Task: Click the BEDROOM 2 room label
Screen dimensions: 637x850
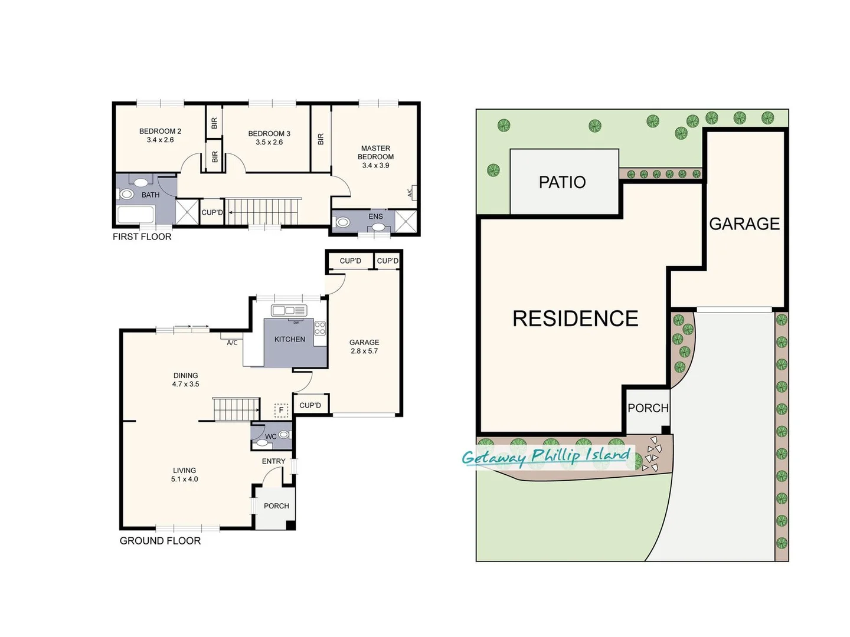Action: pos(160,132)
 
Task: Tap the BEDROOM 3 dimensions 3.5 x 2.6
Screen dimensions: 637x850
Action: pos(269,142)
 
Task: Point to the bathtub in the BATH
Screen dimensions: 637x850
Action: pos(136,215)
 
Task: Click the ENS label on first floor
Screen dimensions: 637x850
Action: pos(375,216)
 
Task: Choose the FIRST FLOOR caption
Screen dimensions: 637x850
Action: pos(142,237)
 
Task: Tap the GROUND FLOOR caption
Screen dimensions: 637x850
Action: pos(160,541)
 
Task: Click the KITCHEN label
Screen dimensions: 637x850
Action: pos(290,339)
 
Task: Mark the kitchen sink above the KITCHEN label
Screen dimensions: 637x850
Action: pos(289,310)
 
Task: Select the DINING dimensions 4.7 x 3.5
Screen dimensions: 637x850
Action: pos(185,384)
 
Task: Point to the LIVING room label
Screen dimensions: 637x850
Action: pos(184,470)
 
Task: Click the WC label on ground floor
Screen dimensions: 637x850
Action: pos(270,436)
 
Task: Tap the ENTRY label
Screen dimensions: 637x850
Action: pos(273,461)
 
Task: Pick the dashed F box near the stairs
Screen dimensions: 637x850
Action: pos(281,409)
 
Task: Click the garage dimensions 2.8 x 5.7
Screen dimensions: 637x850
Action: pos(364,351)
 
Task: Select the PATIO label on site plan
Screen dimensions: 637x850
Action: pos(562,182)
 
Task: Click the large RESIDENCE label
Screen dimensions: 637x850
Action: pos(575,318)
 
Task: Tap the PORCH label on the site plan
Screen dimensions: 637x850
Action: pos(648,408)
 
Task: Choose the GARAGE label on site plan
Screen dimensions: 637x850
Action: pos(744,224)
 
